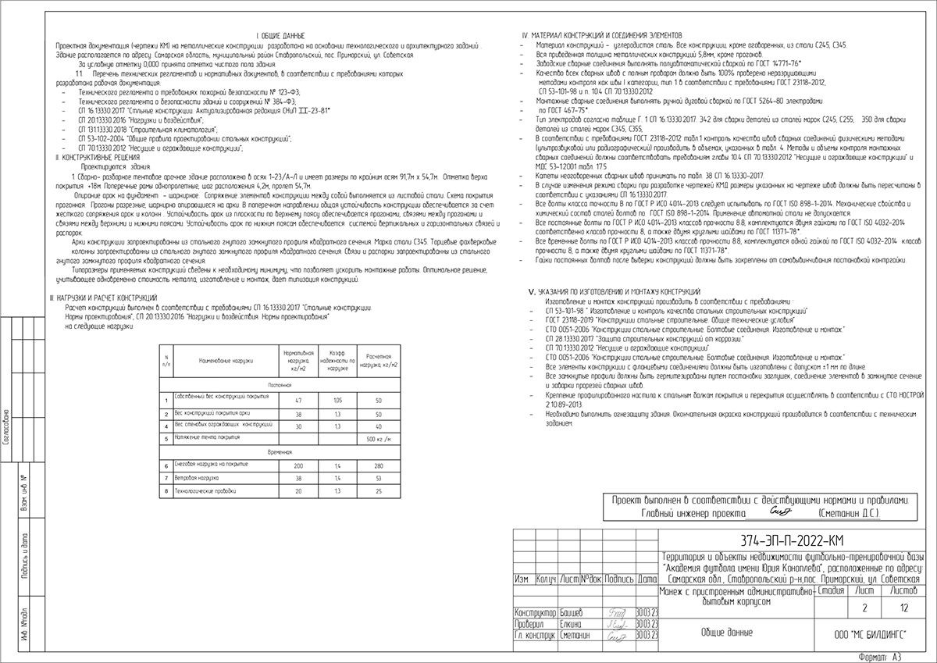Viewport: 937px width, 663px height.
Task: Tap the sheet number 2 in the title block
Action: (864, 607)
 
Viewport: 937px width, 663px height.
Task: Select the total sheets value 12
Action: (903, 607)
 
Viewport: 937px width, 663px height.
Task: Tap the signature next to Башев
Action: (617, 614)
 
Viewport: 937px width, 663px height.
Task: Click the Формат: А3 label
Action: (882, 658)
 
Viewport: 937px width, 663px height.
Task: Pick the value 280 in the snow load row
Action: (378, 465)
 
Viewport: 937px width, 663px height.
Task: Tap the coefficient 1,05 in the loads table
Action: (337, 400)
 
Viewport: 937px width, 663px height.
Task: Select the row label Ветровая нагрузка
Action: (195, 478)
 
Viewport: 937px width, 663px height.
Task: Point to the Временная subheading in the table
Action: (280, 452)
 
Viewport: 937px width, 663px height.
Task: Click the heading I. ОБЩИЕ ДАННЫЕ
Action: (280, 36)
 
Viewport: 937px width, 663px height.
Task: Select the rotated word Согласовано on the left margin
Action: (6, 426)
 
